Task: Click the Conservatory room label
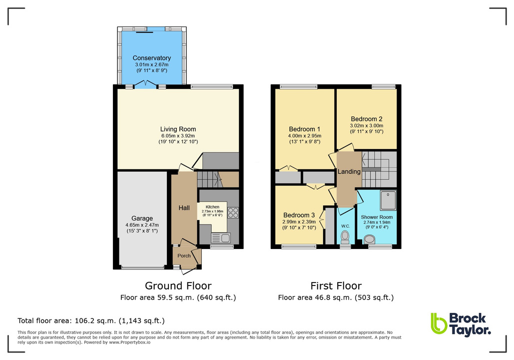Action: click(152, 58)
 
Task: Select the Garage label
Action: click(142, 218)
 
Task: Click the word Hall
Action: click(184, 208)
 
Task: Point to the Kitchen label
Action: click(212, 206)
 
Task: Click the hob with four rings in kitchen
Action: click(233, 212)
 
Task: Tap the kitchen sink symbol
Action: click(220, 236)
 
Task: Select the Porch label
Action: click(184, 255)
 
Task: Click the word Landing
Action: click(349, 171)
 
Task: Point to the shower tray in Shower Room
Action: click(388, 200)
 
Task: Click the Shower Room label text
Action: click(377, 217)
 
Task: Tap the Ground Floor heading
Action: click(178, 286)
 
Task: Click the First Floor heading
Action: click(336, 286)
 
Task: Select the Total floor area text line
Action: click(91, 320)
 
